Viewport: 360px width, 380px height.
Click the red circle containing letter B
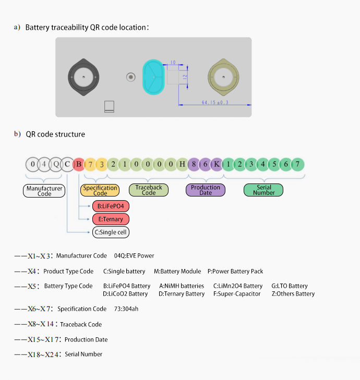(x=79, y=165)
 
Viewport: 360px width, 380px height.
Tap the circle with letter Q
(x=56, y=165)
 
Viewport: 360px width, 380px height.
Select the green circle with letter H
(x=182, y=165)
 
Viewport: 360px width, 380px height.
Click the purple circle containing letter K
(x=217, y=165)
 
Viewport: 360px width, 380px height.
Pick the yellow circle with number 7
(x=90, y=165)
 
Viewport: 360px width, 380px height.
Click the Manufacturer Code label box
(x=44, y=191)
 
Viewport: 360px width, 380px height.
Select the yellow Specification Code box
(x=100, y=190)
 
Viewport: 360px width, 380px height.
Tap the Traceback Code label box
(x=149, y=190)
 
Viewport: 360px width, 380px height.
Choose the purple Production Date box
(x=206, y=190)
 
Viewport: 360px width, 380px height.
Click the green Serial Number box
(x=263, y=190)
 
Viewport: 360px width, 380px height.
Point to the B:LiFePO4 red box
(x=111, y=206)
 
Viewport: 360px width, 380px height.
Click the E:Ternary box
(x=111, y=219)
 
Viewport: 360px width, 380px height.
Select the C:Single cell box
(x=111, y=232)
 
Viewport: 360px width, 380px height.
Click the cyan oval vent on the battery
(x=153, y=77)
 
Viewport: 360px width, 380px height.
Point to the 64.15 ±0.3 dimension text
(x=215, y=102)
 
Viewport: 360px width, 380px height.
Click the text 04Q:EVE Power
(x=134, y=255)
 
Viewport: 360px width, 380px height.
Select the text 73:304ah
(x=126, y=309)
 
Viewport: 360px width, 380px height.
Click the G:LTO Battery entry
(x=290, y=286)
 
